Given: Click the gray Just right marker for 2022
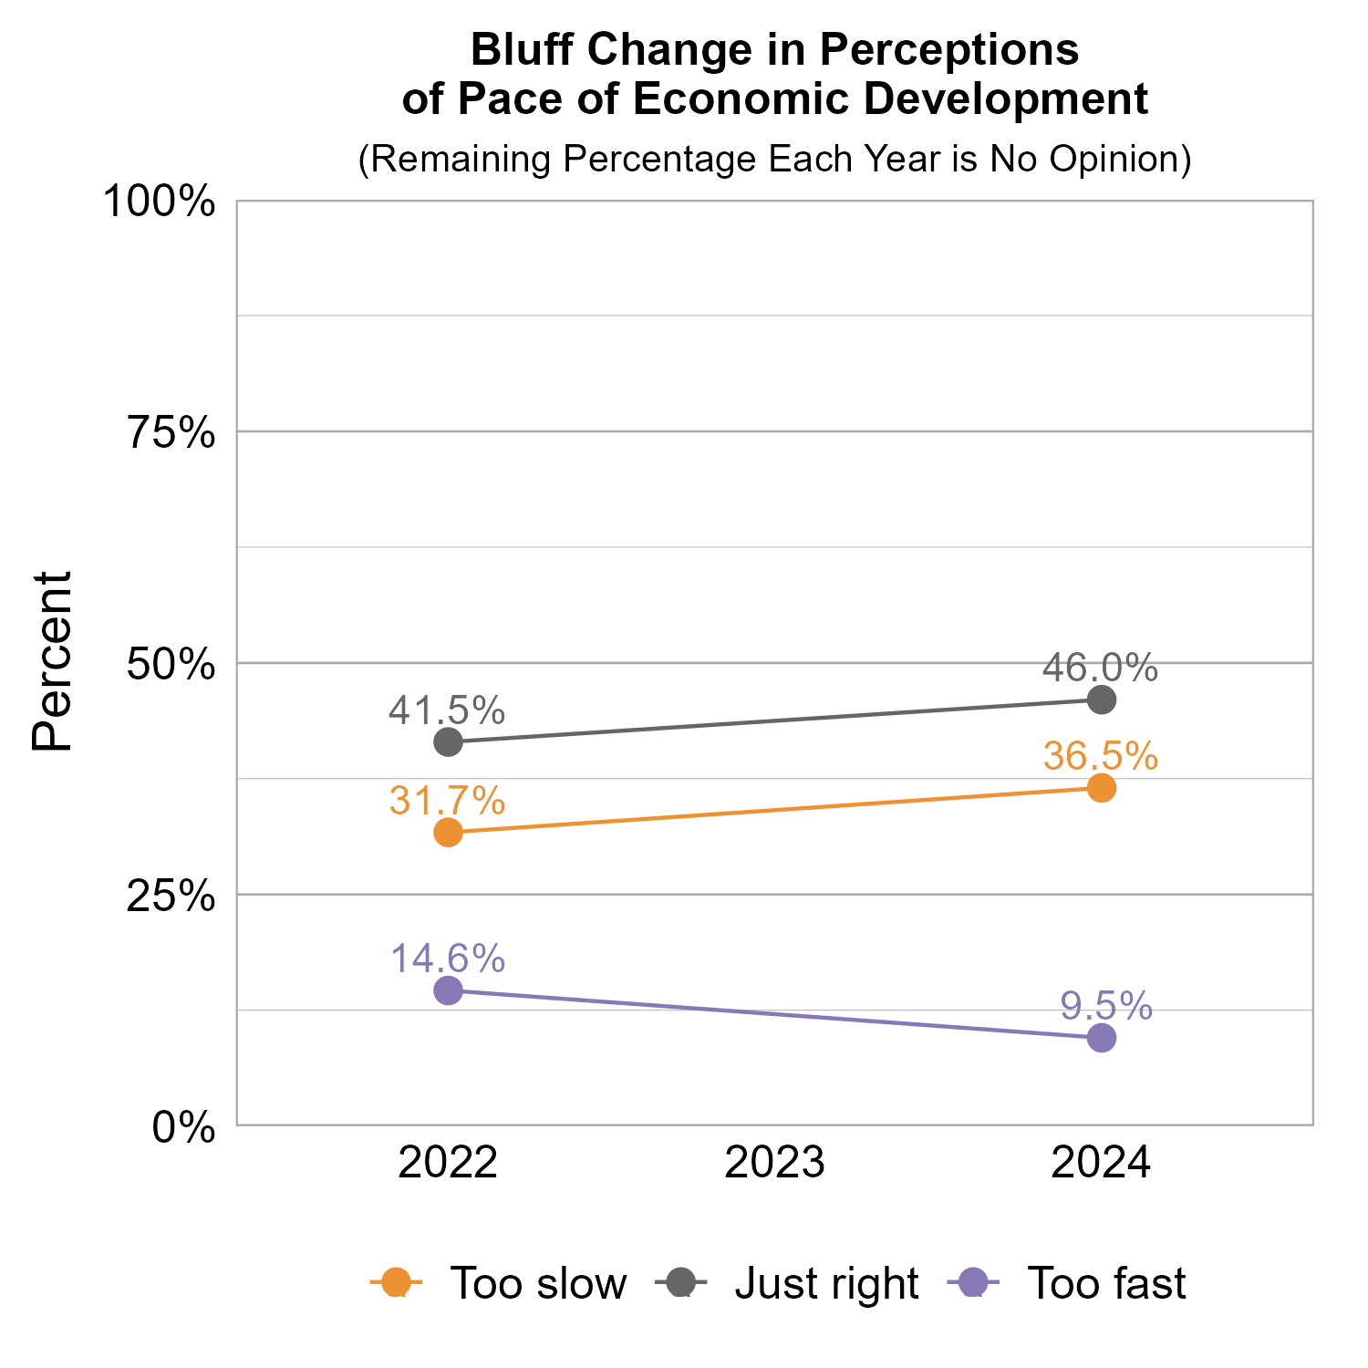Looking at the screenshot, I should pos(448,741).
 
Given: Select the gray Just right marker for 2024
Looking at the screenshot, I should pos(1102,700).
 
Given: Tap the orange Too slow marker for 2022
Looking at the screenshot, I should pos(448,832).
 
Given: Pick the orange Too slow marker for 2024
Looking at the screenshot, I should pos(1102,788).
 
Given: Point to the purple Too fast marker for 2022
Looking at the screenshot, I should pos(448,990).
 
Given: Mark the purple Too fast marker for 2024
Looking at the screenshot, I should pos(1102,1038).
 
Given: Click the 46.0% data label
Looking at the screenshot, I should pos(1100,668).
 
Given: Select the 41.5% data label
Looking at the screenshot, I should pos(447,710).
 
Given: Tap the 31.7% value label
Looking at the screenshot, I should pos(447,801).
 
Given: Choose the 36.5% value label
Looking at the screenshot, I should pos(1100,756).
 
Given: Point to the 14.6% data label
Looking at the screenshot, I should pos(447,959).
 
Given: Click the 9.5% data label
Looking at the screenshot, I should pos(1105,1006).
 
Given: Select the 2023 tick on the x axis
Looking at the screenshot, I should pos(774,1165).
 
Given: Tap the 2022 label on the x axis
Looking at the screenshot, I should pos(448,1165).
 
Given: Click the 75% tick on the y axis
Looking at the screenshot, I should pos(171,433).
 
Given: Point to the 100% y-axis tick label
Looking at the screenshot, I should pos(160,202).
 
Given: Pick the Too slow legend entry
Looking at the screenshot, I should pos(499,1283).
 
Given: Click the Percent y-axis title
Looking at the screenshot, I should pos(52,662).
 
